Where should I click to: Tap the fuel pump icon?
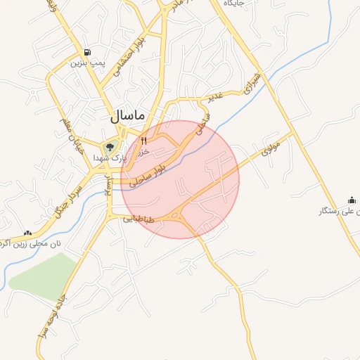coord(86,52)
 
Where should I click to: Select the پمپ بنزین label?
coord(86,63)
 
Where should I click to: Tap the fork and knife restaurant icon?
coord(144,140)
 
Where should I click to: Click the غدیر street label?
coord(214,96)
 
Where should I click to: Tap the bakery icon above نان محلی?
coord(28,233)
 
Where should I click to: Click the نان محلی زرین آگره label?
coord(31,244)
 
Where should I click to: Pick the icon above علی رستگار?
coord(352,200)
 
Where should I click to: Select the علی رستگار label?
coord(340,211)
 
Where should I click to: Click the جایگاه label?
coord(234,4)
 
